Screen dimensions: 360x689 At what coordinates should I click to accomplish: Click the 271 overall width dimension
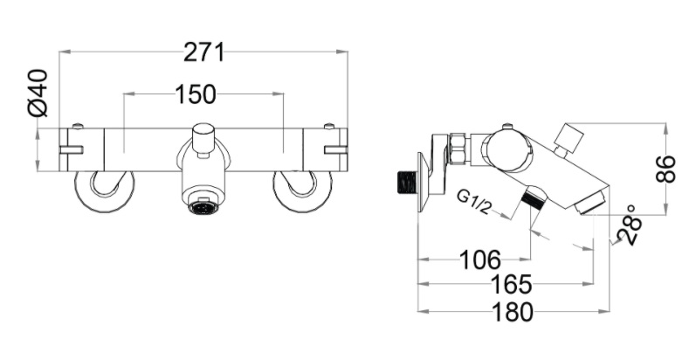(x=203, y=52)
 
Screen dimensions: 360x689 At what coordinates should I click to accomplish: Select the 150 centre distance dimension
(x=203, y=93)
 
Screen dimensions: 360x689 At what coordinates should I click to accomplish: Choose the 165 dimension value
(x=511, y=285)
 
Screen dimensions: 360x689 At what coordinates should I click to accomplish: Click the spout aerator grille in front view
(x=203, y=208)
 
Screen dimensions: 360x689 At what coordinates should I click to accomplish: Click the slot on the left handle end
(x=71, y=149)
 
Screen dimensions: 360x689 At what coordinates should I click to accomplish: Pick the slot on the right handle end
(x=335, y=149)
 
